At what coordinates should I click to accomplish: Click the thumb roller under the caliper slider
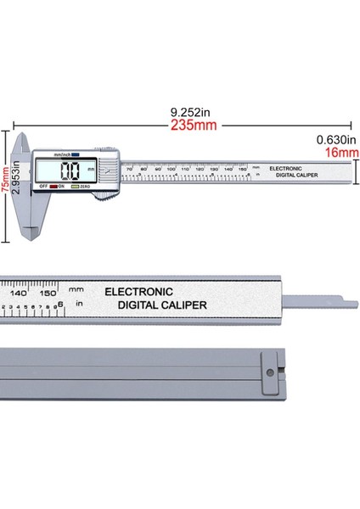click(104, 197)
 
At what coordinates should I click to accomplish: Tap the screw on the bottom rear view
click(270, 371)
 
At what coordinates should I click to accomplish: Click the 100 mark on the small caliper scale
click(171, 169)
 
